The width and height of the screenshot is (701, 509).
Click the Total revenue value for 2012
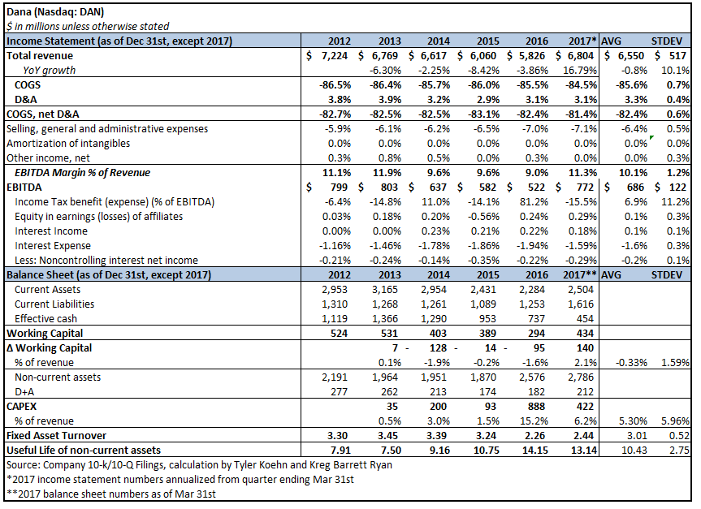(334, 56)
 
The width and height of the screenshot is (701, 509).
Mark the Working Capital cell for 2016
(540, 334)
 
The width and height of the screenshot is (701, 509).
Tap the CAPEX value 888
(540, 406)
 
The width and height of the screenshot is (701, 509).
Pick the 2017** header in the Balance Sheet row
(579, 274)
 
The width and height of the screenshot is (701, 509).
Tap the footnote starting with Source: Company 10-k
(198, 464)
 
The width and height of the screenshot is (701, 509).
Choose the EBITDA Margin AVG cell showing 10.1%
(630, 172)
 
